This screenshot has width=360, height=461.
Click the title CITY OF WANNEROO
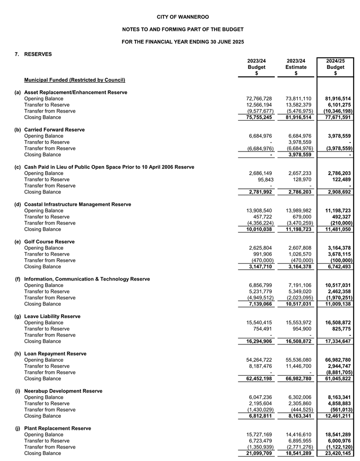point(179,17)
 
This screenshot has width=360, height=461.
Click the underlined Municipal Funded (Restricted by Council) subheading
point(74,80)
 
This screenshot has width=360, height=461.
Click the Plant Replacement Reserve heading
point(57,429)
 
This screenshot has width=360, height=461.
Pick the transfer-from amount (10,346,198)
point(334,111)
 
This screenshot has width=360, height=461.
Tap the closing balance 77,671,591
point(335,118)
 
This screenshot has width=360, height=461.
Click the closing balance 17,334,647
point(335,341)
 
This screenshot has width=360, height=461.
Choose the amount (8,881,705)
point(335,373)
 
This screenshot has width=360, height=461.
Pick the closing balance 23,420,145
point(335,454)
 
